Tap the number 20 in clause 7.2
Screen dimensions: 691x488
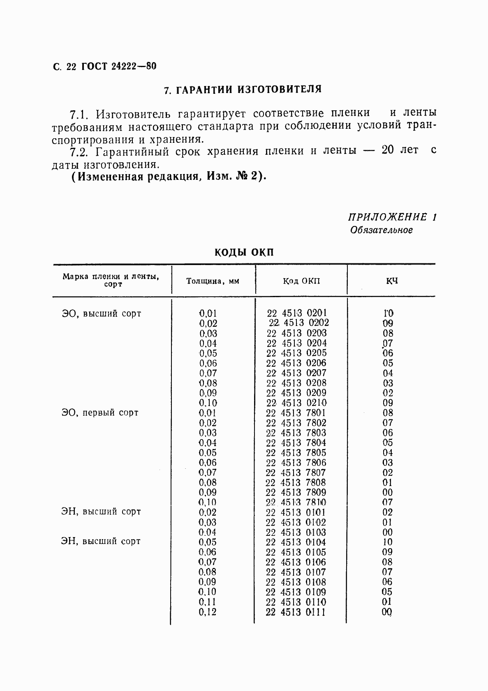click(387, 150)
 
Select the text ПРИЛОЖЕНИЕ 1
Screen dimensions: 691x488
click(392, 217)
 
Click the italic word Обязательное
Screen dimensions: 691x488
click(381, 230)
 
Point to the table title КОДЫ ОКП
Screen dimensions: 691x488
click(244, 252)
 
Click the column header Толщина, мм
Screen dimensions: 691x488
click(213, 281)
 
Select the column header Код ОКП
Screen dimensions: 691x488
click(301, 281)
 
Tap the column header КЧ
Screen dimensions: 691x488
click(391, 281)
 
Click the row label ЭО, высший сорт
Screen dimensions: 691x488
click(102, 314)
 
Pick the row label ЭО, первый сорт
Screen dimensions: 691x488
click(100, 413)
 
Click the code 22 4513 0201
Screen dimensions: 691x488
click(297, 313)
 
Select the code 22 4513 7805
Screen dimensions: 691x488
click(296, 452)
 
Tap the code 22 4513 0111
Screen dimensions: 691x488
click(296, 612)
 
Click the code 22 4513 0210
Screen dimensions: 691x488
click(296, 403)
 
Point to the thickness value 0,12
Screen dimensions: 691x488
click(208, 612)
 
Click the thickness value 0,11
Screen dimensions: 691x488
click(208, 602)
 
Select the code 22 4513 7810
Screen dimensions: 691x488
click(296, 502)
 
